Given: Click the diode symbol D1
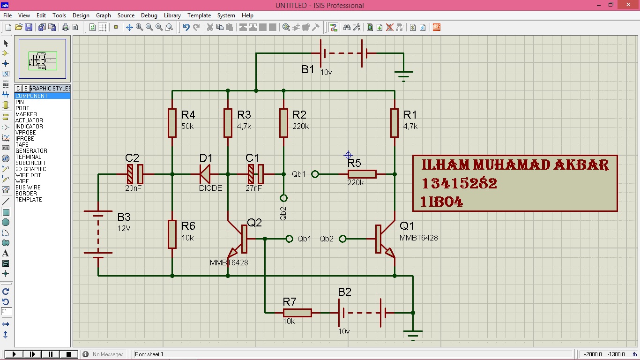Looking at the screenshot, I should (x=205, y=174).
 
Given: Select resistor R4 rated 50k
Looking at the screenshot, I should (x=172, y=123).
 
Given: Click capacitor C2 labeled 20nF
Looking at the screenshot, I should (x=134, y=174).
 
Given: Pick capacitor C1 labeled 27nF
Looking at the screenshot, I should (x=256, y=174).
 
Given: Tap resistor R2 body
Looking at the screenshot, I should (x=283, y=123).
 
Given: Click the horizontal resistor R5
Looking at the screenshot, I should (x=362, y=174).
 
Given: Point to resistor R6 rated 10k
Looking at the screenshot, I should (x=172, y=234).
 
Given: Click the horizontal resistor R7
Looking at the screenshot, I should (x=297, y=313).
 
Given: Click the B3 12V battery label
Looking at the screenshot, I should (x=124, y=217).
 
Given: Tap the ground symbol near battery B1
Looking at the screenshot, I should (x=403, y=75).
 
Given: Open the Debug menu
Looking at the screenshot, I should (x=149, y=15).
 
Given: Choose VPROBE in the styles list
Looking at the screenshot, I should (x=25, y=133).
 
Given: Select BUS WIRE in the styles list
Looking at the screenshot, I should (x=28, y=187).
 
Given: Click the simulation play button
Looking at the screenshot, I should (x=14, y=354).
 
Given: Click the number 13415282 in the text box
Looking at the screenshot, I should (x=459, y=184).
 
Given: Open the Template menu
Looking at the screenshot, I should (x=199, y=15).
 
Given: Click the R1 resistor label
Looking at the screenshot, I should (x=409, y=115).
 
